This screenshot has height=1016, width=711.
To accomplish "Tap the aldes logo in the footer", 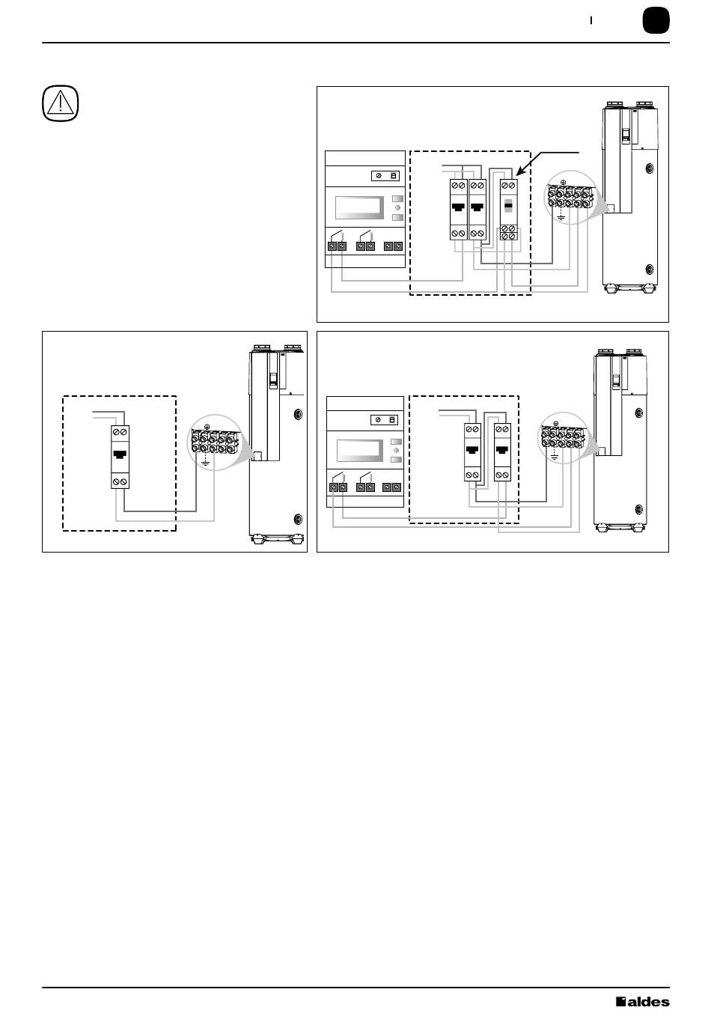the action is [642, 1002].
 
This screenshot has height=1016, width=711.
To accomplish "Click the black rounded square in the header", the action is [656, 21].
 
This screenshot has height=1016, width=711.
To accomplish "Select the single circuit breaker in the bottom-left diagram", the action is [120, 456].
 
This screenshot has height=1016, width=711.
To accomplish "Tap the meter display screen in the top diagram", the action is [359, 207].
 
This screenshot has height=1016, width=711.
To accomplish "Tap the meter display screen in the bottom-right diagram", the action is [361, 451].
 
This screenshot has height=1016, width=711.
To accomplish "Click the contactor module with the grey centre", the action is [508, 210].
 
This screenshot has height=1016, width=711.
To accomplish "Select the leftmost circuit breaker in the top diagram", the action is [458, 210].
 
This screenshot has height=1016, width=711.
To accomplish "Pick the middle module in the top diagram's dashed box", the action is [477, 210].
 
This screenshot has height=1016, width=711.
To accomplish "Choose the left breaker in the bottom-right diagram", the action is [472, 452].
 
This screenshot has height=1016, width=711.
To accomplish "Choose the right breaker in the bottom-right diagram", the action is [502, 452].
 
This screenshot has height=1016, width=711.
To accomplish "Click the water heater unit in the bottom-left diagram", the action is [277, 442].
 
